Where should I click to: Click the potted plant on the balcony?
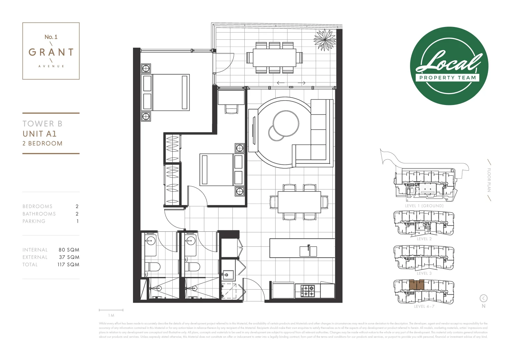coord(324,40)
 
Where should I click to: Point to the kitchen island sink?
coord(309,251)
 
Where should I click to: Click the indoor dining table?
coord(299,202)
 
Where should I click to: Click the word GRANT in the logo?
coord(51,52)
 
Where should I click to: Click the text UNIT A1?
coord(40,134)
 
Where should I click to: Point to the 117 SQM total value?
coord(68,265)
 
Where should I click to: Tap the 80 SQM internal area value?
coord(69,250)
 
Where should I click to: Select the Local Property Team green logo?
coord(449,66)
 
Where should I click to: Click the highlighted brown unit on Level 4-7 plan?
coord(416,285)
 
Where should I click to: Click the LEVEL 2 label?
coord(424,239)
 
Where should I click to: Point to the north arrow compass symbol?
coord(483,298)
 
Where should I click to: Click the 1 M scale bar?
coord(111,310)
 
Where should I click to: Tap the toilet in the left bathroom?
coord(152,267)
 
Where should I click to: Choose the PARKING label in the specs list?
coord(34,221)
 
